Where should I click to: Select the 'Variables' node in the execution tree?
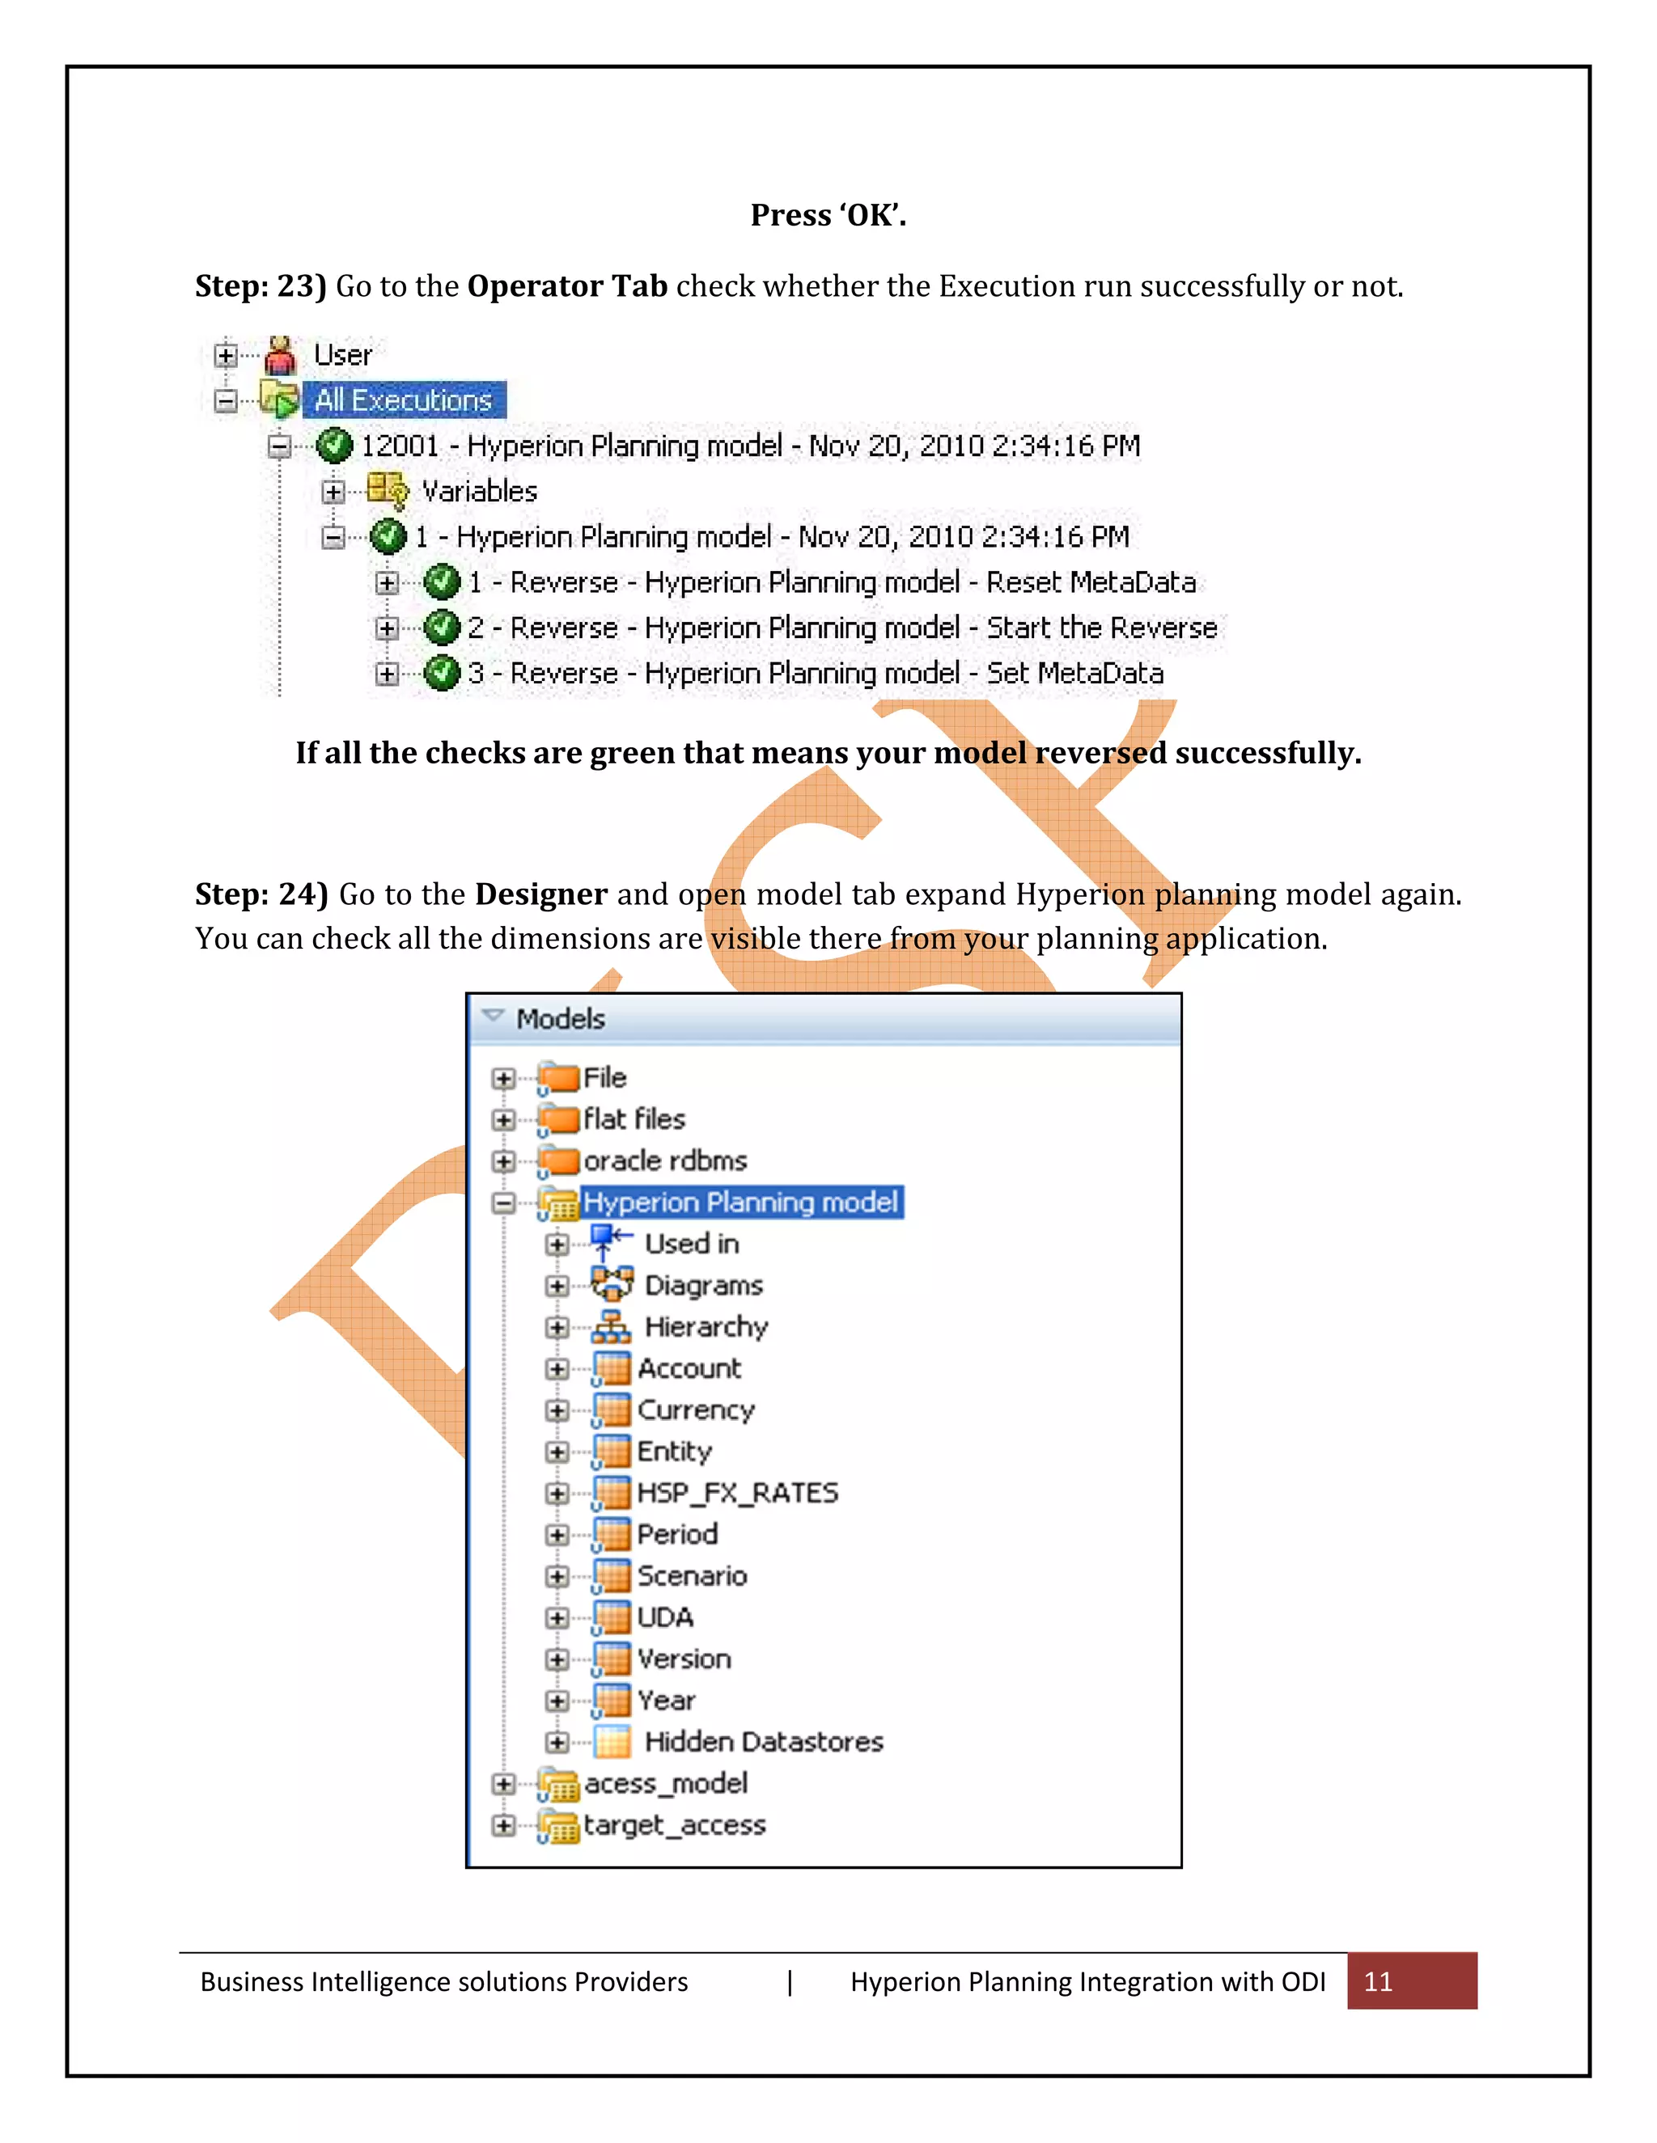(479, 491)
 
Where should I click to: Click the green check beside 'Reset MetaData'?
(442, 582)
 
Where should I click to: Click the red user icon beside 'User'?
(281, 355)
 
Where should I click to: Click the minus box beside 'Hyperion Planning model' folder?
(503, 1203)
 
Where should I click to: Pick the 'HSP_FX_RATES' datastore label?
(737, 1493)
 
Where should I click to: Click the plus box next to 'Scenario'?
(557, 1576)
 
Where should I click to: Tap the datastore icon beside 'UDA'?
(612, 1617)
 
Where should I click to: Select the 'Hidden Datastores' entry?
(764, 1742)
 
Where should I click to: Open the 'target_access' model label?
(675, 1825)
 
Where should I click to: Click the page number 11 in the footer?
(1378, 1981)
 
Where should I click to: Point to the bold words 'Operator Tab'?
(567, 285)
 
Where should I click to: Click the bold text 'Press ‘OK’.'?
(828, 215)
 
